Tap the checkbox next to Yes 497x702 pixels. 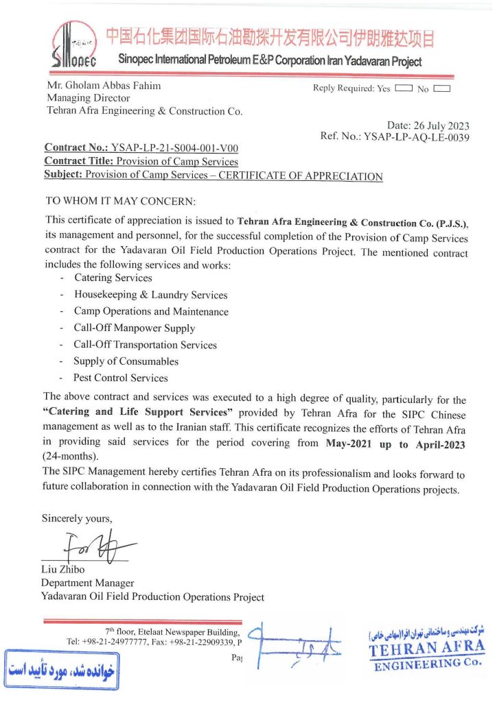[x=404, y=88]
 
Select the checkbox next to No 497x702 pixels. [x=441, y=88]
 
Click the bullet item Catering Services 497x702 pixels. [x=113, y=278]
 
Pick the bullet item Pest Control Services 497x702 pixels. [x=121, y=378]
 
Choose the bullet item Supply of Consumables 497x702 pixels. [x=126, y=361]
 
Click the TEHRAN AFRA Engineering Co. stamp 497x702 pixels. [x=426, y=650]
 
